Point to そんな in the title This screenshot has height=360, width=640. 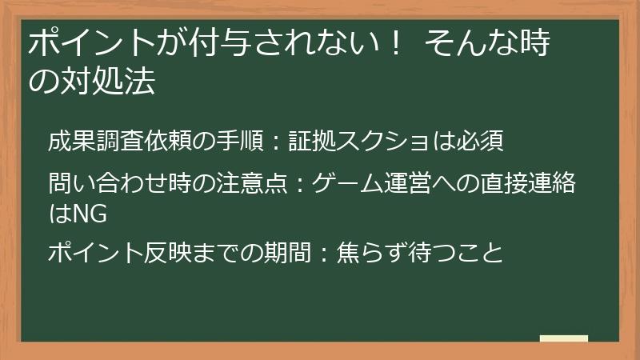(471, 43)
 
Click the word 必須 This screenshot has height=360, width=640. (480, 142)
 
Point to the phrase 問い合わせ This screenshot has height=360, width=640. (108, 184)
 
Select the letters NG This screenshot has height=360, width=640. (89, 214)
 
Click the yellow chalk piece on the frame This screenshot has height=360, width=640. (564, 338)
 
